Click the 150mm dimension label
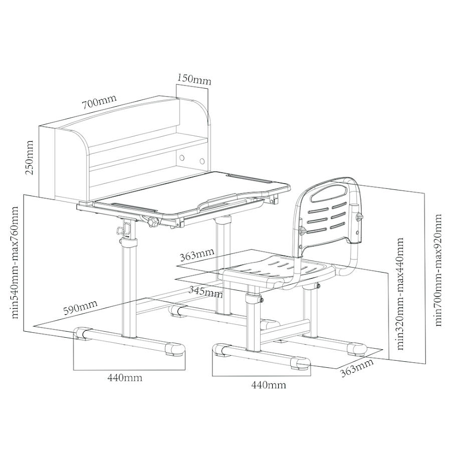point(194,79)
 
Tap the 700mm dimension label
point(99,102)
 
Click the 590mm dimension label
point(80,308)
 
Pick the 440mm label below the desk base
point(125,378)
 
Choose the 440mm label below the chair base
point(269,385)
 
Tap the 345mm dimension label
point(205,291)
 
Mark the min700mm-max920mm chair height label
point(438,270)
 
